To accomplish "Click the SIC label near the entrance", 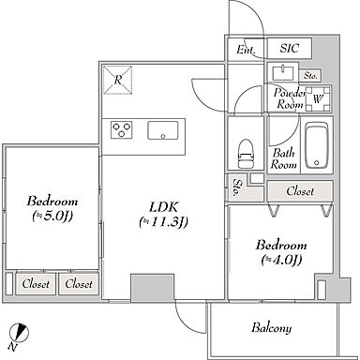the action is (290, 48).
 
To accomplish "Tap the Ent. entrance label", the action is (246, 50).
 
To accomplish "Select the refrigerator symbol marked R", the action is (118, 80).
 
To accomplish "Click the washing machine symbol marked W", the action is (318, 99).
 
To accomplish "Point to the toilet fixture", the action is (247, 154).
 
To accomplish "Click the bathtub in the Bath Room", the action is (317, 145).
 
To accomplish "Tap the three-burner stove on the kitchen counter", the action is (121, 129).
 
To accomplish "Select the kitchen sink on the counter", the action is (163, 130).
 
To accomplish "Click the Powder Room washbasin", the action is (283, 73).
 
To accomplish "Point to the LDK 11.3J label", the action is (163, 215).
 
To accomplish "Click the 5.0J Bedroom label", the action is (52, 208).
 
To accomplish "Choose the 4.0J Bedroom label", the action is (281, 252).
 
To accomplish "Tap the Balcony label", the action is (272, 328).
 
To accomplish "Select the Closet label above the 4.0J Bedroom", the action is (300, 191).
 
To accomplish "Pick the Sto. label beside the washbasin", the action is (310, 76).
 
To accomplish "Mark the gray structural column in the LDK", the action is (152, 288).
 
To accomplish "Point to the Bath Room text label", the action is (283, 158).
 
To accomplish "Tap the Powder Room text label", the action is (290, 98).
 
